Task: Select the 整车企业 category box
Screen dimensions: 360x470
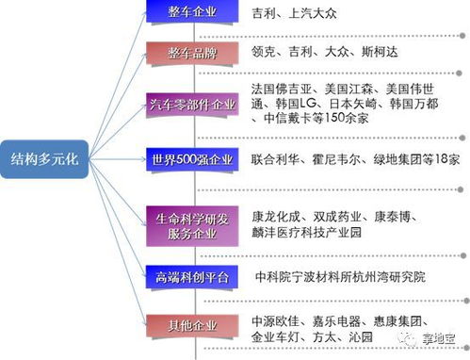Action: coord(191,13)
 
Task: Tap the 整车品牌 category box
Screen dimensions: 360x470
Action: coord(191,54)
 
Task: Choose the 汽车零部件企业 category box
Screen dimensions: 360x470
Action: coord(191,103)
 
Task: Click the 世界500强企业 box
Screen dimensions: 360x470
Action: coord(191,160)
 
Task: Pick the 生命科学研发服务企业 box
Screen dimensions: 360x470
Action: coord(191,224)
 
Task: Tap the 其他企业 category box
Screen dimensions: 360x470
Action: coord(191,326)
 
